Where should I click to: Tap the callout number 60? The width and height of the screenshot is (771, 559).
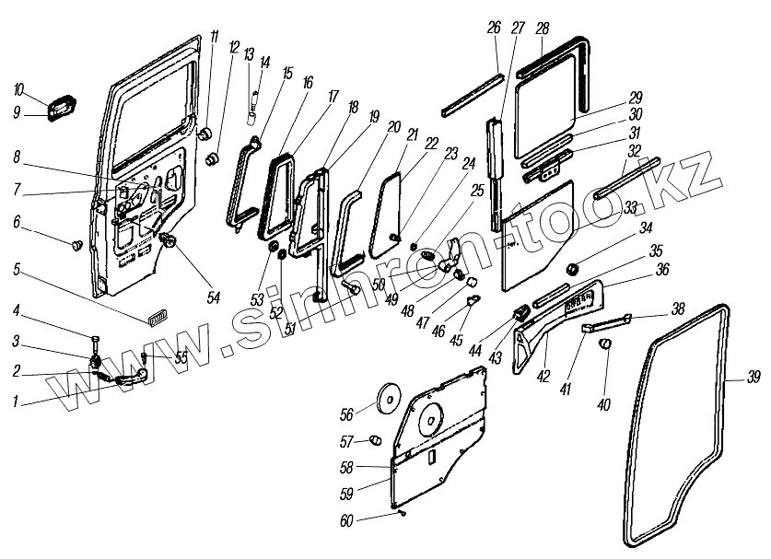(346, 520)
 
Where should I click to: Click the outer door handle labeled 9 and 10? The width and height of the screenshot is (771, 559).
(61, 107)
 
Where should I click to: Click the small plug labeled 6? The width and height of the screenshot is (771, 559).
(77, 245)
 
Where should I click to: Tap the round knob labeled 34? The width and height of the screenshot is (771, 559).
(570, 269)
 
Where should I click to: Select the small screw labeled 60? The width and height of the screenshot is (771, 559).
(402, 512)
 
